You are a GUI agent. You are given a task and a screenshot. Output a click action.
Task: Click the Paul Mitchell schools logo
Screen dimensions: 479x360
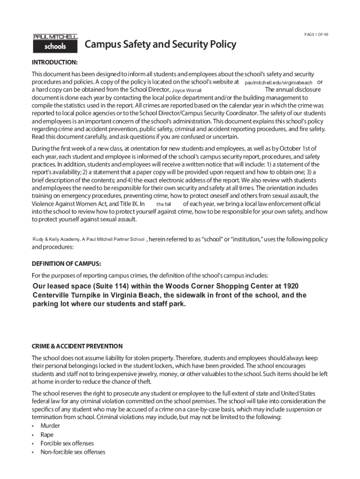tap(55, 43)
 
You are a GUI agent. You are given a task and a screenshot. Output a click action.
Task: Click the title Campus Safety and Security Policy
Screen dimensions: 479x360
tap(160, 45)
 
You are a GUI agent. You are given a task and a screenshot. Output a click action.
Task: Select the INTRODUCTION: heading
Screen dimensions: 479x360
tap(54, 62)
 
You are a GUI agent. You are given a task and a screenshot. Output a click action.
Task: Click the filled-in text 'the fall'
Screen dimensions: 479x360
tap(164, 204)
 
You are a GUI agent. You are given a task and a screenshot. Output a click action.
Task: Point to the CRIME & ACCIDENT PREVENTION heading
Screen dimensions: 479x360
tap(77, 347)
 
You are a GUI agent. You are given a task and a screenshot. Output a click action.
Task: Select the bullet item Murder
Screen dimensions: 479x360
tap(50, 426)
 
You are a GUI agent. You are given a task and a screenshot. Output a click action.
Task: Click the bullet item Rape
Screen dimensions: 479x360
tap(47, 435)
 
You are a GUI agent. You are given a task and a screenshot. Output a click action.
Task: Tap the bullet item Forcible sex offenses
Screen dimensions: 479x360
tap(67, 443)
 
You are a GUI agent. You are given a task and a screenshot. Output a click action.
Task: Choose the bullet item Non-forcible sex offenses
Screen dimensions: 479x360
tap(72, 452)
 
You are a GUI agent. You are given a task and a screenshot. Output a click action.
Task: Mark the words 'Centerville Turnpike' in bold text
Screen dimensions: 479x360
tap(69, 295)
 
